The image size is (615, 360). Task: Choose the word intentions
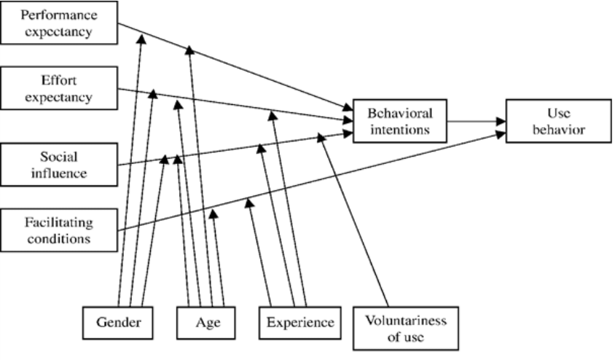coord(399,129)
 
